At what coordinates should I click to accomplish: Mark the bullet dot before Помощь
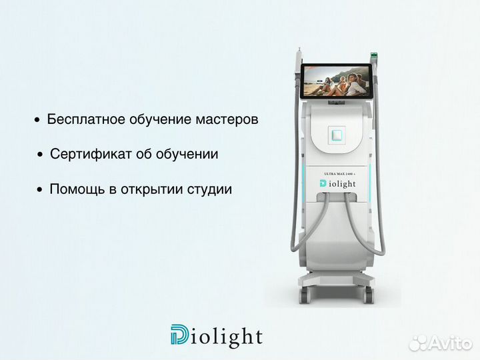pyautogui.click(x=40, y=190)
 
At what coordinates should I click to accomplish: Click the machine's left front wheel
pyautogui.click(x=303, y=292)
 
